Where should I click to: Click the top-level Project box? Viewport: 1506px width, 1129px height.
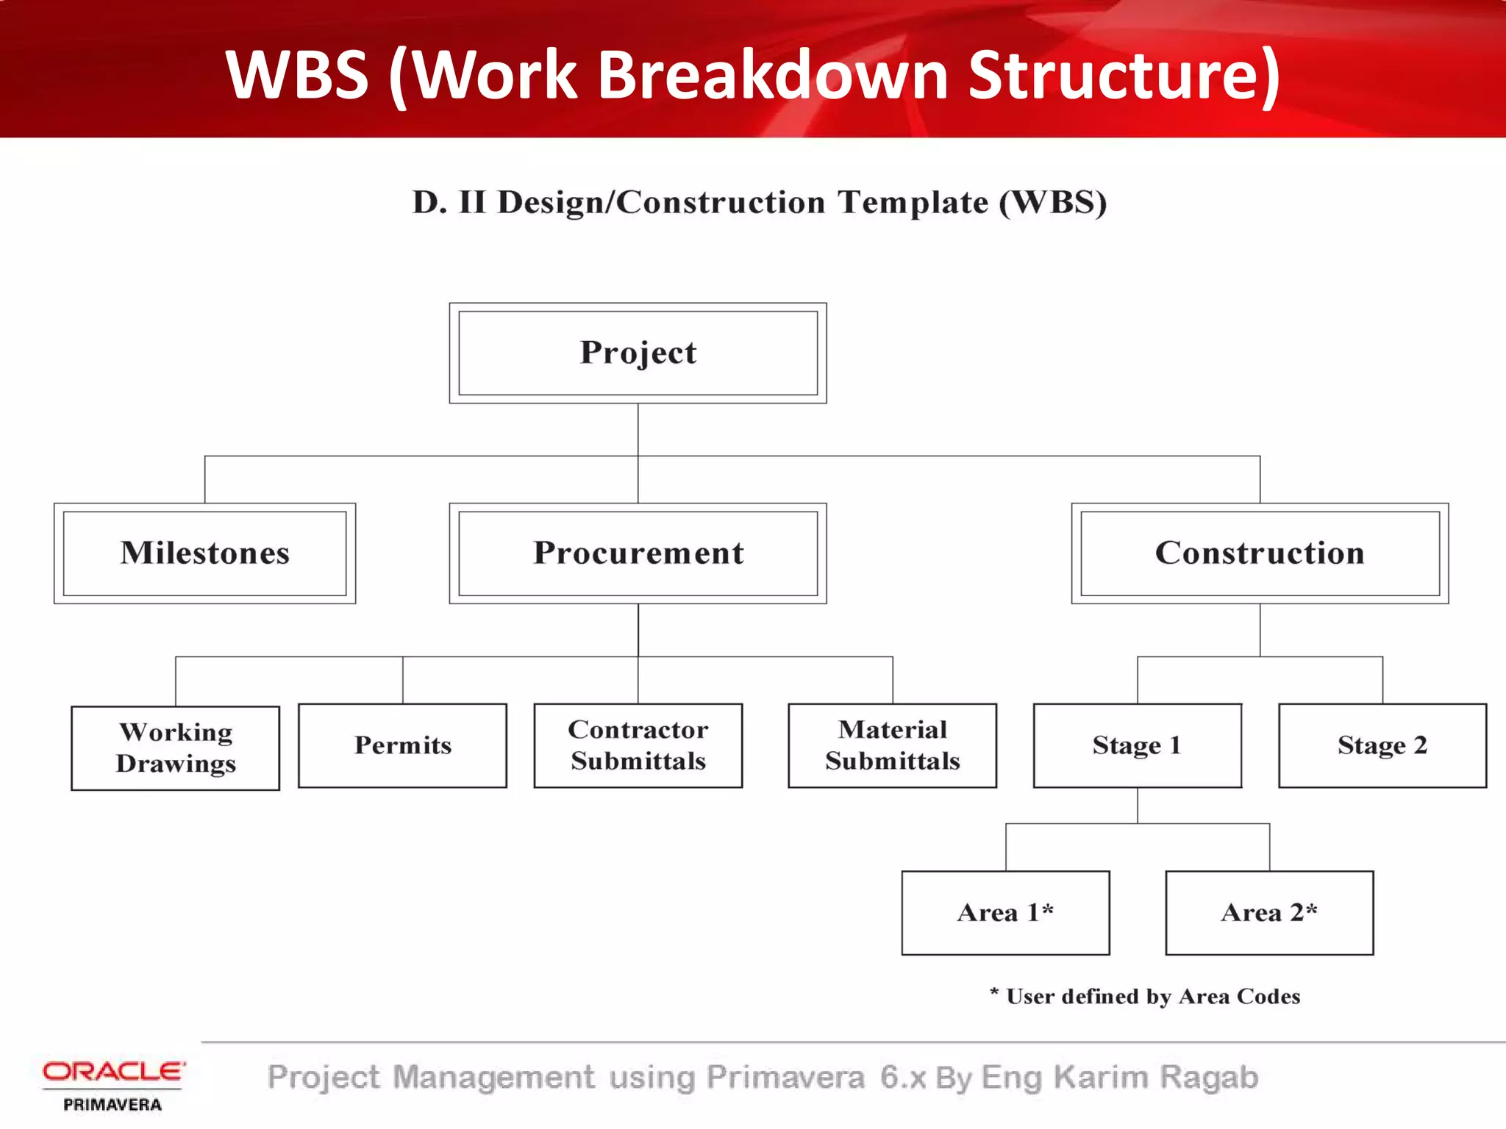638,353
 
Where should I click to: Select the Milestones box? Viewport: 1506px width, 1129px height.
204,553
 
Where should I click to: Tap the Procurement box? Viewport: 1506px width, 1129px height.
638,553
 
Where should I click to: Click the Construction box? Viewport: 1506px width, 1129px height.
1260,553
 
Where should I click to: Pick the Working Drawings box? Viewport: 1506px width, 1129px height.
176,748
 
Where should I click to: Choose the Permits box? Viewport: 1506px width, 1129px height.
402,745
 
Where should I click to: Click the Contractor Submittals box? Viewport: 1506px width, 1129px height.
638,745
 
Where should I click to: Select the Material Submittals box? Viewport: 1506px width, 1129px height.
892,745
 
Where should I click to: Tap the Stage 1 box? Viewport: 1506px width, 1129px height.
1137,745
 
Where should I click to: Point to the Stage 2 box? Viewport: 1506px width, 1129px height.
1382,745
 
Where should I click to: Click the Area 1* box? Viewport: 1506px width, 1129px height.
1005,913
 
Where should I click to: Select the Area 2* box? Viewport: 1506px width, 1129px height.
1269,913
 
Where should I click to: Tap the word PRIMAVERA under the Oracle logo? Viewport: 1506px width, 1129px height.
113,1105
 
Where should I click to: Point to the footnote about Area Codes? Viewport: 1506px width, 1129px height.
1145,997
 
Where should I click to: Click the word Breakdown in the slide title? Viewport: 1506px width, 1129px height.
772,75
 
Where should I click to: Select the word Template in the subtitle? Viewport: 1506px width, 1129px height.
913,203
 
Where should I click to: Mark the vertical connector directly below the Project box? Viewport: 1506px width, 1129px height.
638,430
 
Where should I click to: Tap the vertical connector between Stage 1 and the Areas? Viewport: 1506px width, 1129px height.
1138,806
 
